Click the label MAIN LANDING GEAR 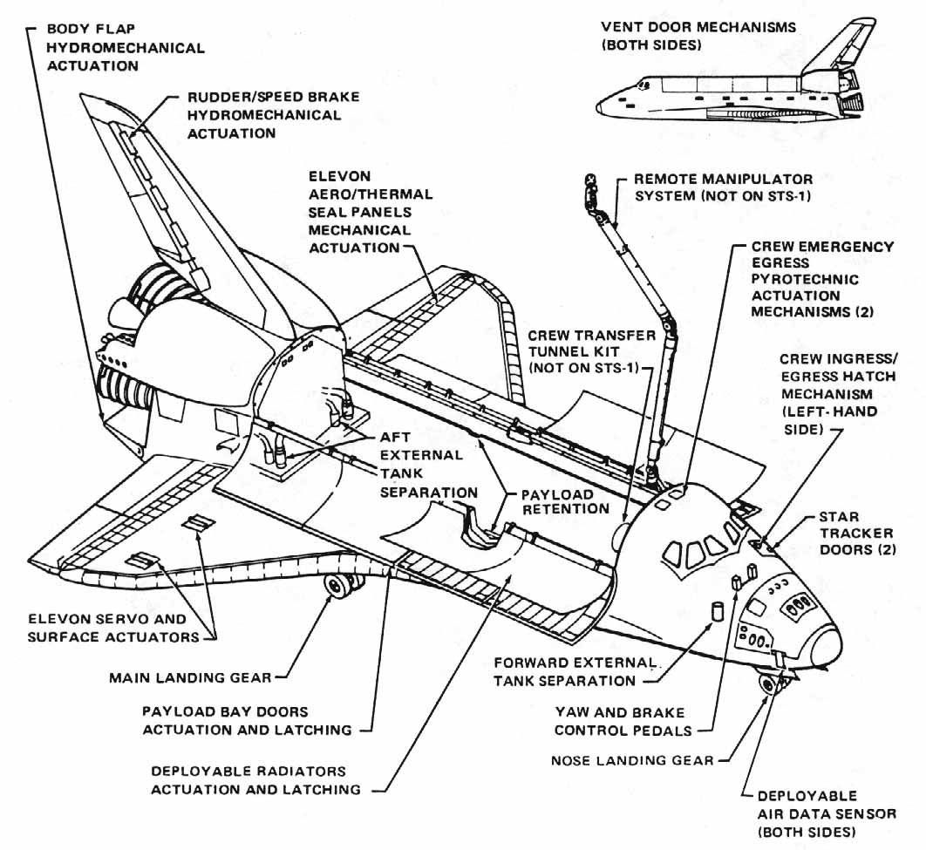190,677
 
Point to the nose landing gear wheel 768,683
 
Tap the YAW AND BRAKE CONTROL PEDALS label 621,721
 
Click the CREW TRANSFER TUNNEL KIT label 591,352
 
